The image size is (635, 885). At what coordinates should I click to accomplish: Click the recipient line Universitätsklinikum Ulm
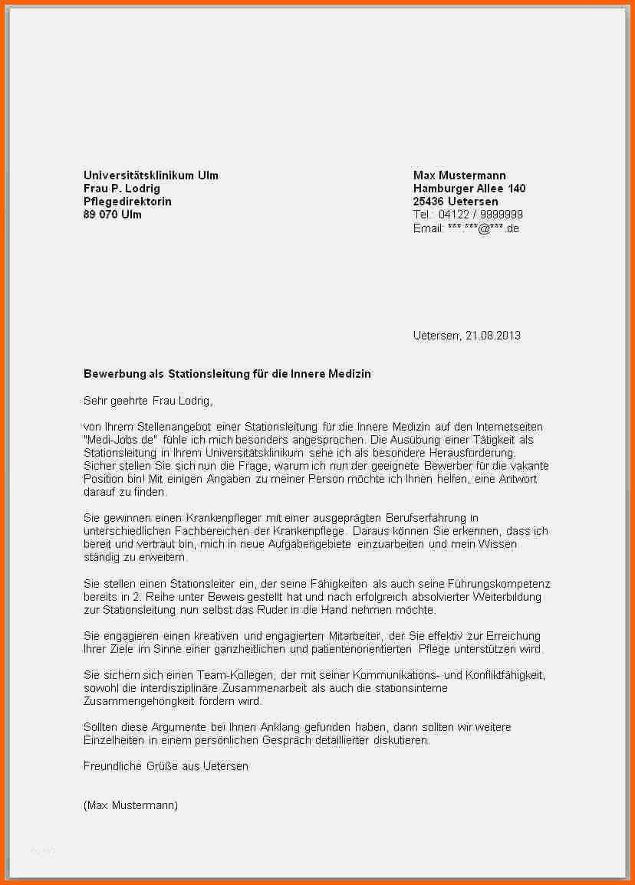(151, 175)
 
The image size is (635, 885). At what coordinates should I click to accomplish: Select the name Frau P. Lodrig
(122, 188)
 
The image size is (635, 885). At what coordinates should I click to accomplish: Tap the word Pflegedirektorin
(127, 202)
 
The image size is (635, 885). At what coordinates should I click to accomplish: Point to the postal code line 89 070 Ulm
(113, 215)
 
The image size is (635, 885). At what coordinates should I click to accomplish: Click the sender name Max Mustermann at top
(459, 175)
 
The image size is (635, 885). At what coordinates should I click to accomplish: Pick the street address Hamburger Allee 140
(469, 188)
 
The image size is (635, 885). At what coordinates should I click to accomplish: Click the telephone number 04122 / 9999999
(481, 215)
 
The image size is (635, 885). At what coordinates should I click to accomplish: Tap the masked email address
(483, 228)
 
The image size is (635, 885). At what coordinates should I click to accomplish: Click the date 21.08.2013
(493, 336)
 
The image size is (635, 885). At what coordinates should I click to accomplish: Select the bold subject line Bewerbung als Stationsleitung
(227, 374)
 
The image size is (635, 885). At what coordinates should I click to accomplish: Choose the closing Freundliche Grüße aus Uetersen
(166, 766)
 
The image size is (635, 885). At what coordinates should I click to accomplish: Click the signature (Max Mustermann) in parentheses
(130, 805)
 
